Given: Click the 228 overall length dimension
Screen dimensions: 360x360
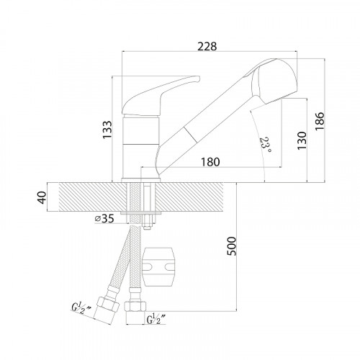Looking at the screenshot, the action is coord(207,46).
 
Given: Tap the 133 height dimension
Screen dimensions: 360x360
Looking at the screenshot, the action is coord(107,130).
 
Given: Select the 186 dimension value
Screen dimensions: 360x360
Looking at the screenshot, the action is coord(320,121).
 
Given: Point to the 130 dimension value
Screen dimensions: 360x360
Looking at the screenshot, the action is coord(302,140).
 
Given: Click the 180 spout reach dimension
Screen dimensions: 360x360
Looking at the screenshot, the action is coord(210,162).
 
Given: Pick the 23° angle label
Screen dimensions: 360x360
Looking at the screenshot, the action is coord(266,145).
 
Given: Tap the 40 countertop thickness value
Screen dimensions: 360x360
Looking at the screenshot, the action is coord(42,197).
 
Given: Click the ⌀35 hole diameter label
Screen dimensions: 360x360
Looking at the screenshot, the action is coord(104,218).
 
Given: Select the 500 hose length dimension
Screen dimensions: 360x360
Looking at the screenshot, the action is coord(232,246).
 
